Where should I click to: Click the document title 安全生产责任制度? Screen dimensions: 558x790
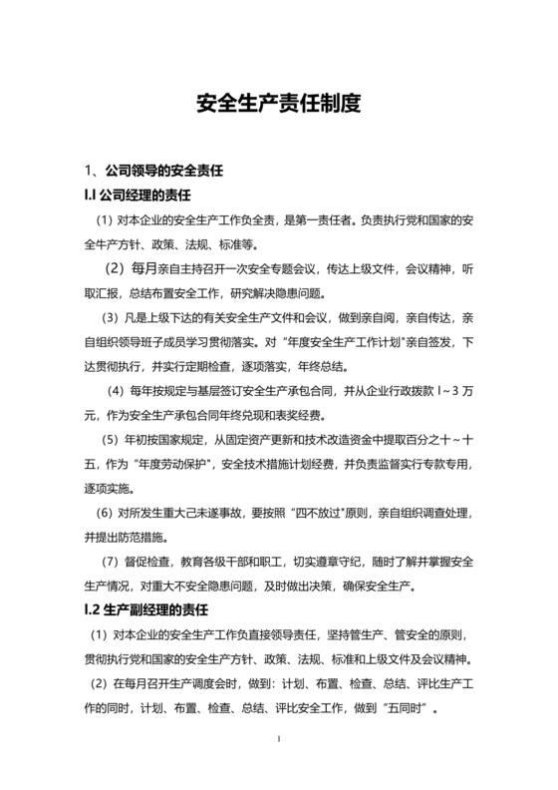coord(278,102)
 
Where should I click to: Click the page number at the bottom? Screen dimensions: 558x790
coord(280,739)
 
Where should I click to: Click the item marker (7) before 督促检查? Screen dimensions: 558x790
coord(117,562)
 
